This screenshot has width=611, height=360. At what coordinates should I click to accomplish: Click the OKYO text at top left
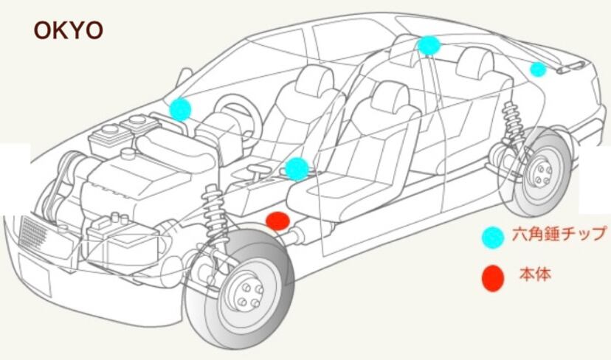68,31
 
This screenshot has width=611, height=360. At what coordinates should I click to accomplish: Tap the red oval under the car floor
277,221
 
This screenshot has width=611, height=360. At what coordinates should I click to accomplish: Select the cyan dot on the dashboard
179,109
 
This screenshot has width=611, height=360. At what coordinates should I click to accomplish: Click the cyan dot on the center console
296,168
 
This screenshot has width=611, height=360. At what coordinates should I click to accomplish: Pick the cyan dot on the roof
428,46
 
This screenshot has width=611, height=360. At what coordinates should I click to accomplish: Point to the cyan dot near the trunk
538,69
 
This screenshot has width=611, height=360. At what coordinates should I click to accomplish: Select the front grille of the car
34,235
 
